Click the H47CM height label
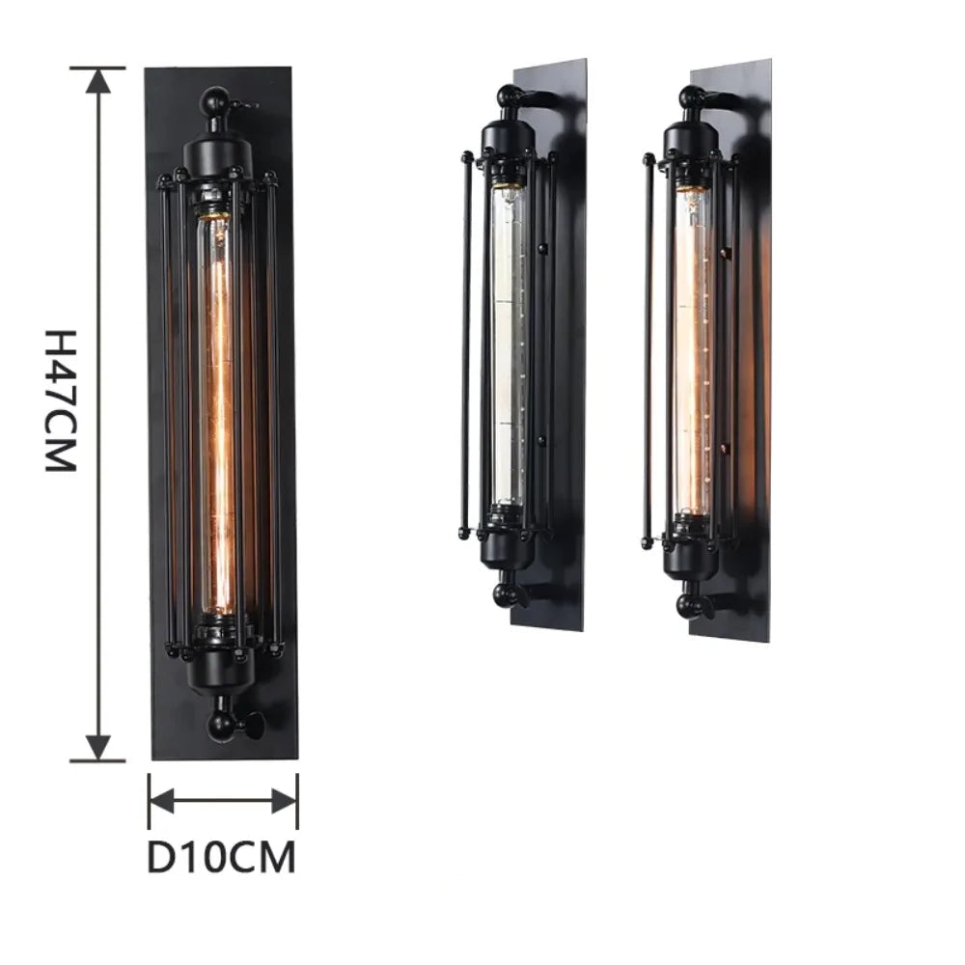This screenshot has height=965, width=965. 60,400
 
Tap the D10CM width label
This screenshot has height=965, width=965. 222,857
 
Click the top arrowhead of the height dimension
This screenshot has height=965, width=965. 97,81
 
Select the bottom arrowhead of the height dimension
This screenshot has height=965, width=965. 97,748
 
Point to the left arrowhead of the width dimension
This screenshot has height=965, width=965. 162,801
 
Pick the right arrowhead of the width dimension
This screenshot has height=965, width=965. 285,801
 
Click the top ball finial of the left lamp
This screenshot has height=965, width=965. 216,97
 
